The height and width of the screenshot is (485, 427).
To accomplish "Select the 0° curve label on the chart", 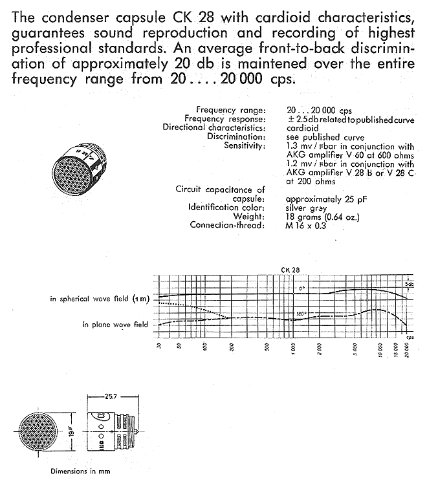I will pyautogui.click(x=300, y=286).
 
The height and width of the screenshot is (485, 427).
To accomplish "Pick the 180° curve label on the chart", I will pyautogui.click(x=301, y=314).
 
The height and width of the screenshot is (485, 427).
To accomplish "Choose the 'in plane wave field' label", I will pyautogui.click(x=115, y=324).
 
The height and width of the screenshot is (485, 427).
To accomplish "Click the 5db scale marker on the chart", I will pyautogui.click(x=409, y=284).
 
